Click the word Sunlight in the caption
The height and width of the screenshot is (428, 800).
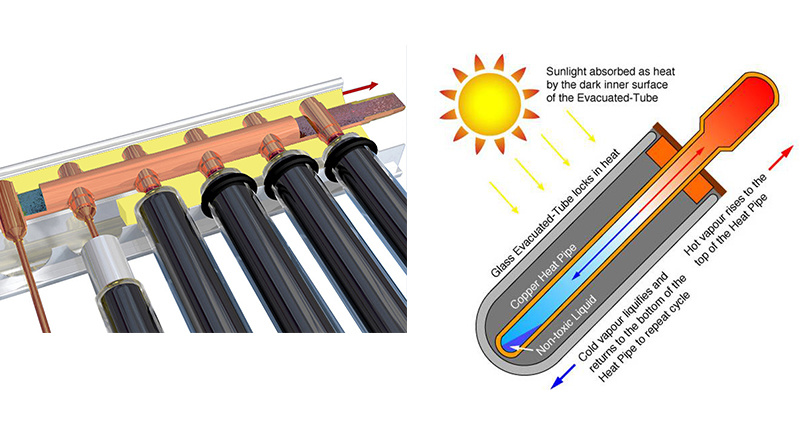(x=568, y=73)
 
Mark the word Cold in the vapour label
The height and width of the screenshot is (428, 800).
(x=584, y=351)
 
